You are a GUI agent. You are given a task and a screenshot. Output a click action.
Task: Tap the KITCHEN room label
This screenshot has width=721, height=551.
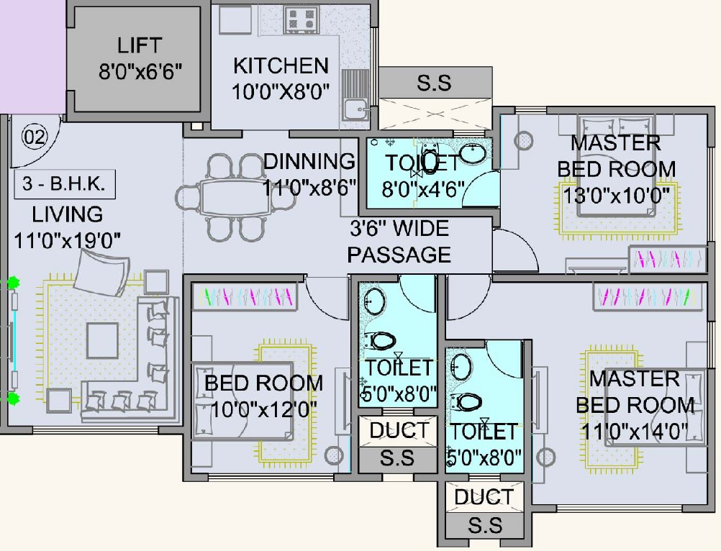pyautogui.click(x=281, y=66)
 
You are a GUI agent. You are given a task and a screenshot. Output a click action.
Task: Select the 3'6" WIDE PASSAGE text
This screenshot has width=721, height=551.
pyautogui.click(x=399, y=242)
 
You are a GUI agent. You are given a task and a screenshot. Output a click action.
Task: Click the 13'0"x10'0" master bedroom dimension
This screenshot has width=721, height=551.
pyautogui.click(x=618, y=194)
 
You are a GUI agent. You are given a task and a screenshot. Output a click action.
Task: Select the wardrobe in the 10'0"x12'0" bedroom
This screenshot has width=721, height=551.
pyautogui.click(x=245, y=296)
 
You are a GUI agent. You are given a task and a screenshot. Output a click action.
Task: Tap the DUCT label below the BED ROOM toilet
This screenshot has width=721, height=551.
pyautogui.click(x=399, y=431)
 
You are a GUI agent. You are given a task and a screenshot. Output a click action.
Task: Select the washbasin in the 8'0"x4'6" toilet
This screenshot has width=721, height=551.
pyautogui.click(x=473, y=152)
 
